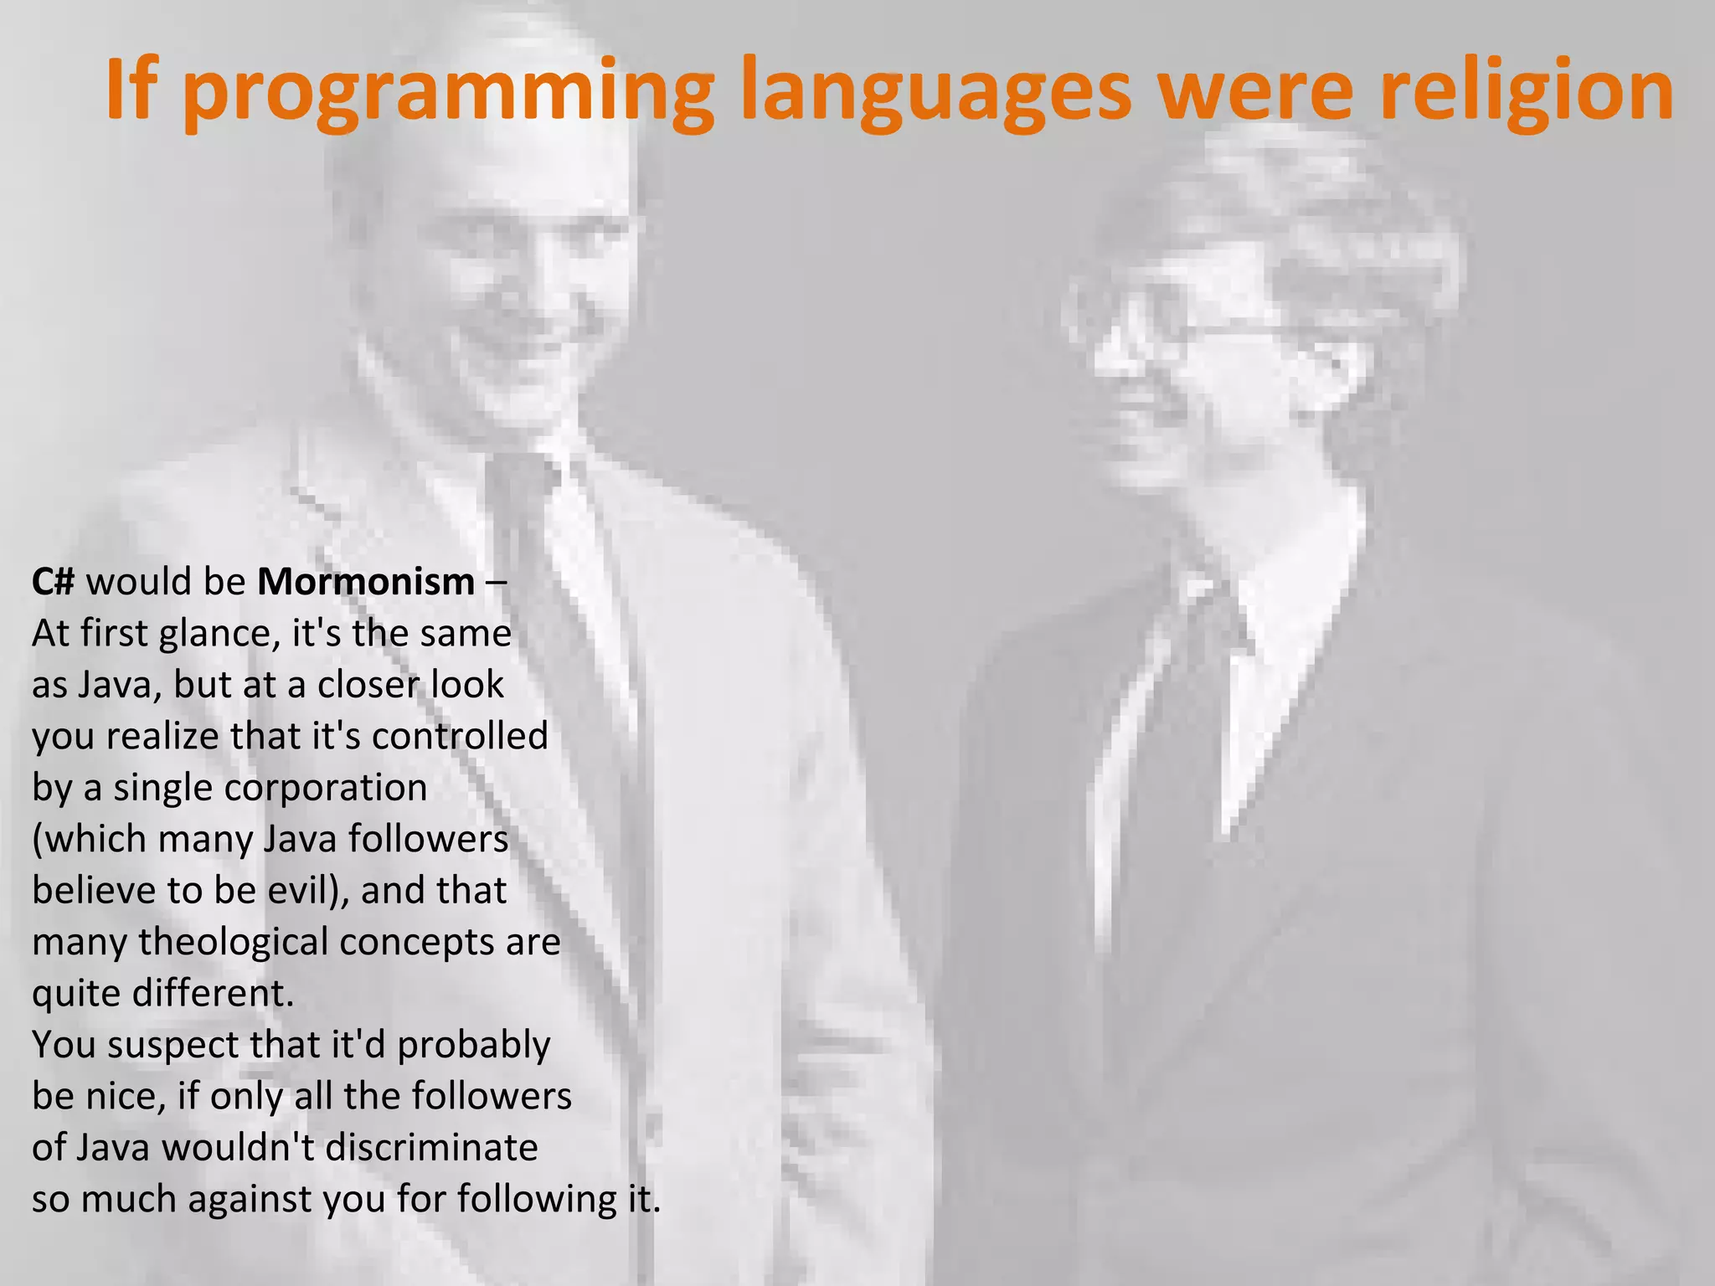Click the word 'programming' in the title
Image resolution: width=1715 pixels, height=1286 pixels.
click(448, 94)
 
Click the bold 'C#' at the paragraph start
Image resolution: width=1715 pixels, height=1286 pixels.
click(54, 581)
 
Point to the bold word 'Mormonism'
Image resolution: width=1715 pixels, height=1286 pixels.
click(366, 581)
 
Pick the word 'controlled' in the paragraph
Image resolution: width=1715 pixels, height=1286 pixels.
click(460, 736)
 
